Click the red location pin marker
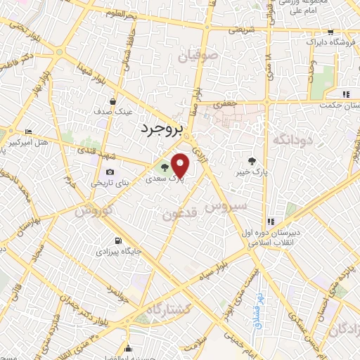[x=181, y=166]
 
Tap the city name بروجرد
[x=161, y=127]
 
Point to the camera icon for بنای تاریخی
[x=110, y=172]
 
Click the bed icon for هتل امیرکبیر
[x=27, y=131]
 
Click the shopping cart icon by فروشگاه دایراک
[x=329, y=32]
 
